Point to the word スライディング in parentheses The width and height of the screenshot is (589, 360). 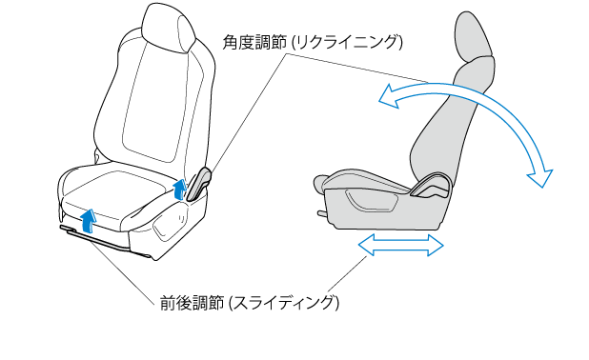(x=284, y=303)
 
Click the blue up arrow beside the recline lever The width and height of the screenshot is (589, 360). (x=180, y=189)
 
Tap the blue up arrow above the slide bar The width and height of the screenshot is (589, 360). (x=89, y=221)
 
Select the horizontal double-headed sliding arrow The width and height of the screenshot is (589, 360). (x=401, y=245)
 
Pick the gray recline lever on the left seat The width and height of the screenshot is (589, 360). (x=198, y=183)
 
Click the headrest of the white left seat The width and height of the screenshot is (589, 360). (x=169, y=28)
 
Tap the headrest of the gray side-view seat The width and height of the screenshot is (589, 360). (x=473, y=37)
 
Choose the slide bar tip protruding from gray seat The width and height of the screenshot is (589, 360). (x=323, y=213)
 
